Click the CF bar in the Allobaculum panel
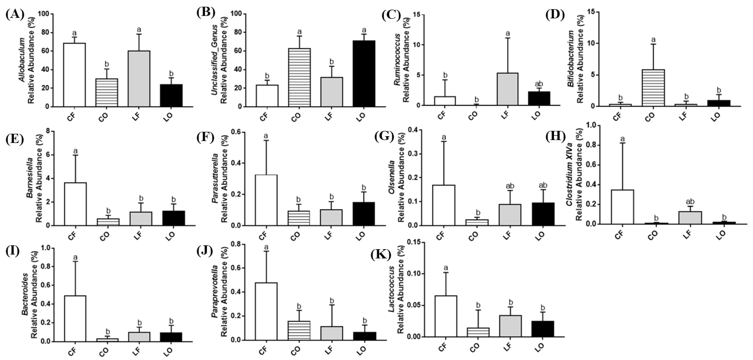[75, 75]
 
